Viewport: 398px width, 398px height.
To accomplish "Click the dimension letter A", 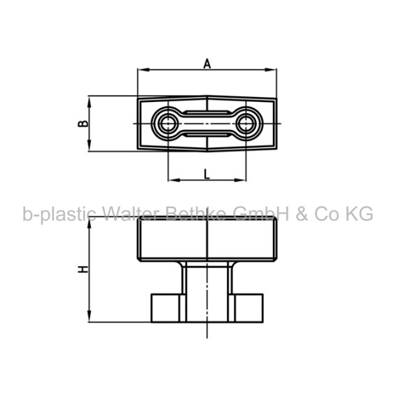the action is (x=207, y=64).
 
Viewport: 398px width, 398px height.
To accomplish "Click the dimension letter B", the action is (x=83, y=124).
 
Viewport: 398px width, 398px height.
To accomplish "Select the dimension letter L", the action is (x=207, y=174).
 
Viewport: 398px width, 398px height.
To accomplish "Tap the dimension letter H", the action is (x=83, y=270).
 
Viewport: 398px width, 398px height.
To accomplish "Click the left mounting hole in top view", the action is (x=168, y=124).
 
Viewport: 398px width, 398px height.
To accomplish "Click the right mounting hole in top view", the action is (x=246, y=124).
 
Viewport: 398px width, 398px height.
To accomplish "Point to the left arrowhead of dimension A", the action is (x=143, y=70).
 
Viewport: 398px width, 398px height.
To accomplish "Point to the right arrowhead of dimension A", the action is (x=271, y=70).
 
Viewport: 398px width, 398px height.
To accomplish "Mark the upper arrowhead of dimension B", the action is (x=89, y=102).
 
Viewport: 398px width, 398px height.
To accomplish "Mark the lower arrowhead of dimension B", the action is (x=89, y=145).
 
